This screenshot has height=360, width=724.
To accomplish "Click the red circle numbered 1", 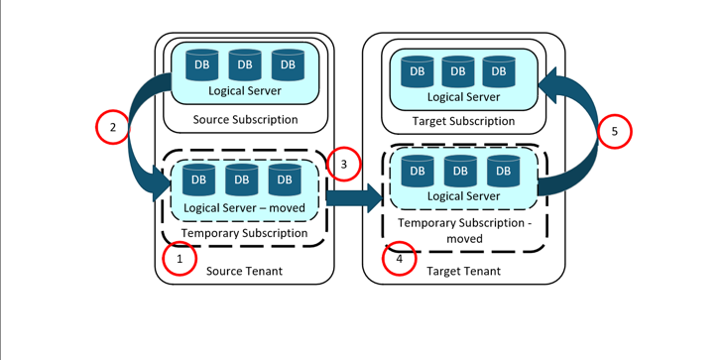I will pos(180,260).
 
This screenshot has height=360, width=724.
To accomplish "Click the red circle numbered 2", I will pos(113,127).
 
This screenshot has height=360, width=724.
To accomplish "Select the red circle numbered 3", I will pos(343,165).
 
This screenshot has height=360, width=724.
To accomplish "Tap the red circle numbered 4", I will pos(400,260).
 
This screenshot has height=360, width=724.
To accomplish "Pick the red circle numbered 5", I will pos(614,131).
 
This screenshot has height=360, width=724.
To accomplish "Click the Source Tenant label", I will pos(244,271).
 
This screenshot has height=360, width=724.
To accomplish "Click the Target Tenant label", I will pos(463,271).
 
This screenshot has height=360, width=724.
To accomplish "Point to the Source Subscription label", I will pos(244,120).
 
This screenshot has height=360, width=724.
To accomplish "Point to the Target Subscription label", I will pos(463,121).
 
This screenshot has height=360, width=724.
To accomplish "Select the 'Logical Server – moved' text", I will pos(244,207).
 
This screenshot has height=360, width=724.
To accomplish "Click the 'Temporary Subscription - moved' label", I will pos(463,231).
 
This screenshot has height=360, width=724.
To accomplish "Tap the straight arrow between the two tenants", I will pos(353,197).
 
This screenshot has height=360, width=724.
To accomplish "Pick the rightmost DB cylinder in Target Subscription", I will pos(499,69).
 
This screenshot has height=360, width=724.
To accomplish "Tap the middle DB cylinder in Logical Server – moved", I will pos(242,179).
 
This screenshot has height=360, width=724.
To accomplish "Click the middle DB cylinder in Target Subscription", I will pos(458,69).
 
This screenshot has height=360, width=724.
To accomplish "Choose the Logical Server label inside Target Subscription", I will pos(463,97).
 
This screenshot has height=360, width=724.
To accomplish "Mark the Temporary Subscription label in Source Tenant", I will pos(244,233).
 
